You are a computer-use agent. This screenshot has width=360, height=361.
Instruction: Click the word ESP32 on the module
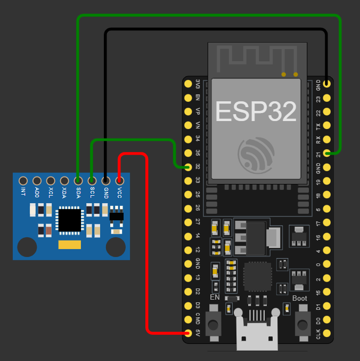[256, 112]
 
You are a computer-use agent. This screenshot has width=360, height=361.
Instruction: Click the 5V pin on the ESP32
[187, 334]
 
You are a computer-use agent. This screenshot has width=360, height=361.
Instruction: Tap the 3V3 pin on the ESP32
[187, 84]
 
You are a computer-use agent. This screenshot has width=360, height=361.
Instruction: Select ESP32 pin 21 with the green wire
[326, 154]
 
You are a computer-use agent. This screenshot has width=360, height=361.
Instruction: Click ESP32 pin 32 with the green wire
[187, 167]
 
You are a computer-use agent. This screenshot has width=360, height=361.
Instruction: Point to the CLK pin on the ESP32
[326, 334]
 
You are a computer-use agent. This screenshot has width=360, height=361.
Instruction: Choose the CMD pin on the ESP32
[187, 320]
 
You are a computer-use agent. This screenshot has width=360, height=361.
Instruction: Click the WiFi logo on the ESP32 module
[256, 155]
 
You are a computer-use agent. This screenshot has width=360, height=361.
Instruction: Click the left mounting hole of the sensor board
[27, 247]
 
